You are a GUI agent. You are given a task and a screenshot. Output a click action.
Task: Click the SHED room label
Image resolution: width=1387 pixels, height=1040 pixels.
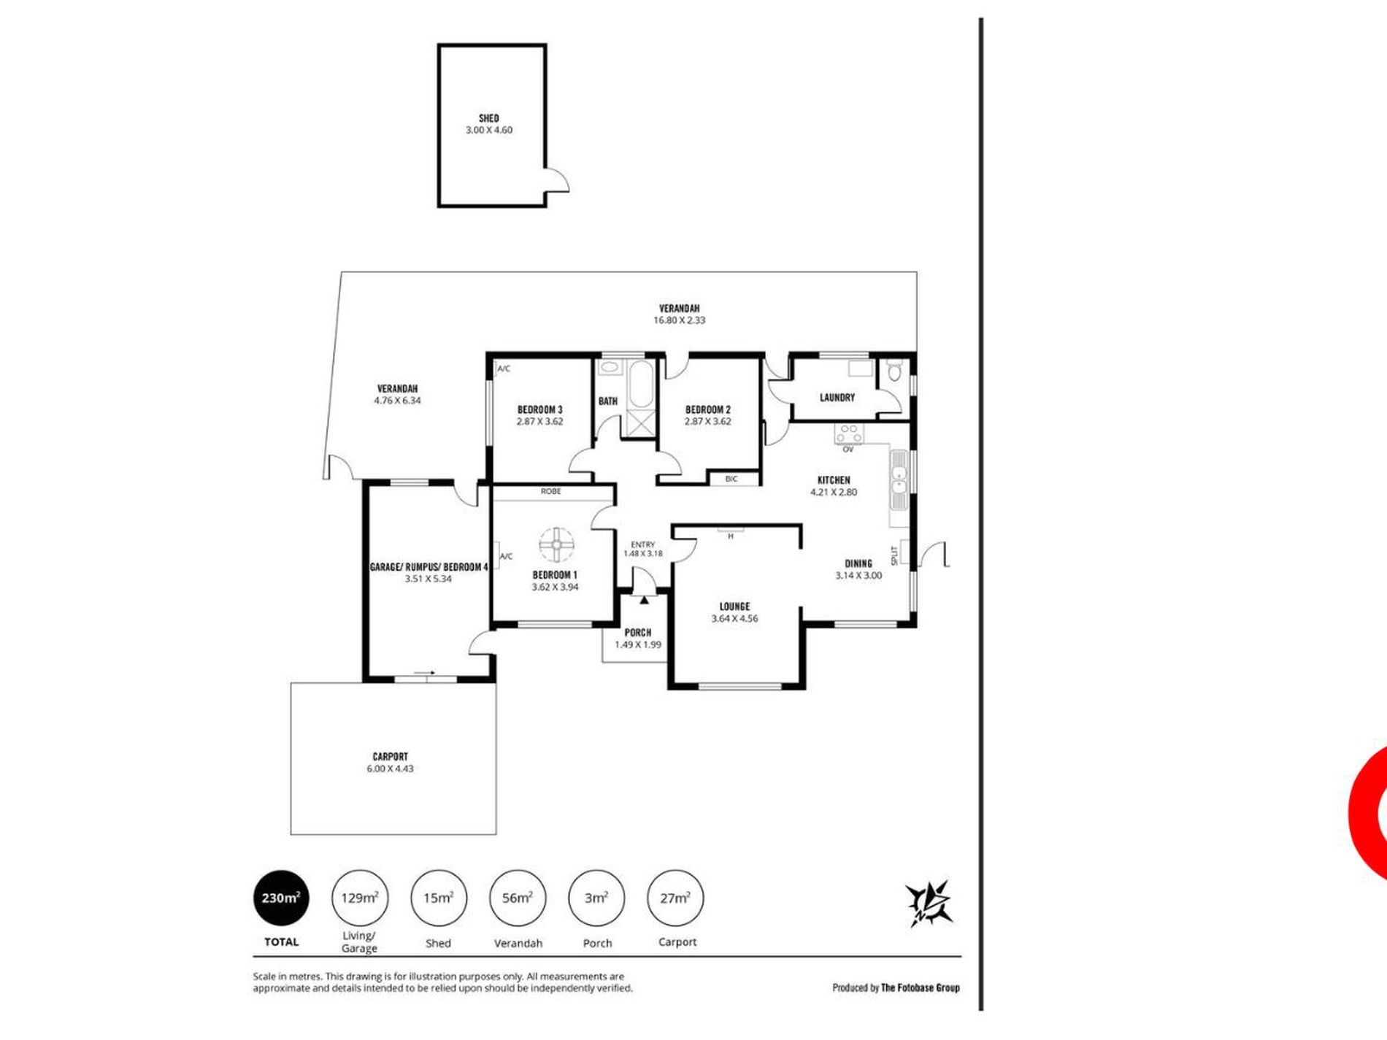coord(489,118)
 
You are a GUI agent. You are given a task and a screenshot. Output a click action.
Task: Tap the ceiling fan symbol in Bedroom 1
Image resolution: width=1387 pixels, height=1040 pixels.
coord(557,544)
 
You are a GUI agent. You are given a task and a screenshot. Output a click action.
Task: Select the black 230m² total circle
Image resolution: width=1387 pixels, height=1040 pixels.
coord(281,898)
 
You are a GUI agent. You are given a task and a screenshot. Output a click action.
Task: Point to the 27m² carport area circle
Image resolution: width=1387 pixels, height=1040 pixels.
coord(675,898)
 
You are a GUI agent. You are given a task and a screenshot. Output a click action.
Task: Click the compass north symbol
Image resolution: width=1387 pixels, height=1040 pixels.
coord(929,903)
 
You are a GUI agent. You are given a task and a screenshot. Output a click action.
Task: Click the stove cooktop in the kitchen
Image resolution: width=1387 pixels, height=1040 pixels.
coord(849,434)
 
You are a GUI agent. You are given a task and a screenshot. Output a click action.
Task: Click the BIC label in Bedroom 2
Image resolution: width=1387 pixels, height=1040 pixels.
coord(731,479)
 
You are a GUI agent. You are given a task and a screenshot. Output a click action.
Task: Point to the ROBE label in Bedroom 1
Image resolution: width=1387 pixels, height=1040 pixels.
coord(551,491)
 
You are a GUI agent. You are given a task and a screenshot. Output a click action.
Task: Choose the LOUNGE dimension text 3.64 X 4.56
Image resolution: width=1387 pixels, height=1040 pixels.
coord(734,618)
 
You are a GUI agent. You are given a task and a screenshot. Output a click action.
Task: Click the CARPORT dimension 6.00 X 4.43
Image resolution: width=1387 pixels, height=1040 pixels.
coord(390,769)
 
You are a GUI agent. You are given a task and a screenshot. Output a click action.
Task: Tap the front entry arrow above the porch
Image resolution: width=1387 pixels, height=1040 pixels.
coord(645,600)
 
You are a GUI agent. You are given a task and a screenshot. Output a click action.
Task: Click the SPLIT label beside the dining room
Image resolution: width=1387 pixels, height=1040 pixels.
coord(894,556)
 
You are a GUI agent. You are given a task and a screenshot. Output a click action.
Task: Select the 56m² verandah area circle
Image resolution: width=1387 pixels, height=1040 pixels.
coord(518,898)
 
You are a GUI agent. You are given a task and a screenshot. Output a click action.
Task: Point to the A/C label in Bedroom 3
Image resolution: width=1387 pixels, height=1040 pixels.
coord(504,369)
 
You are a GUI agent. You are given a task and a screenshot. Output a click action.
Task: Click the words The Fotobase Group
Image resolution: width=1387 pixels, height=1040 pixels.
coord(921,987)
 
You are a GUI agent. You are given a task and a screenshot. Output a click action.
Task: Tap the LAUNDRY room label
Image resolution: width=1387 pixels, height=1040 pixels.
coord(837,398)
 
